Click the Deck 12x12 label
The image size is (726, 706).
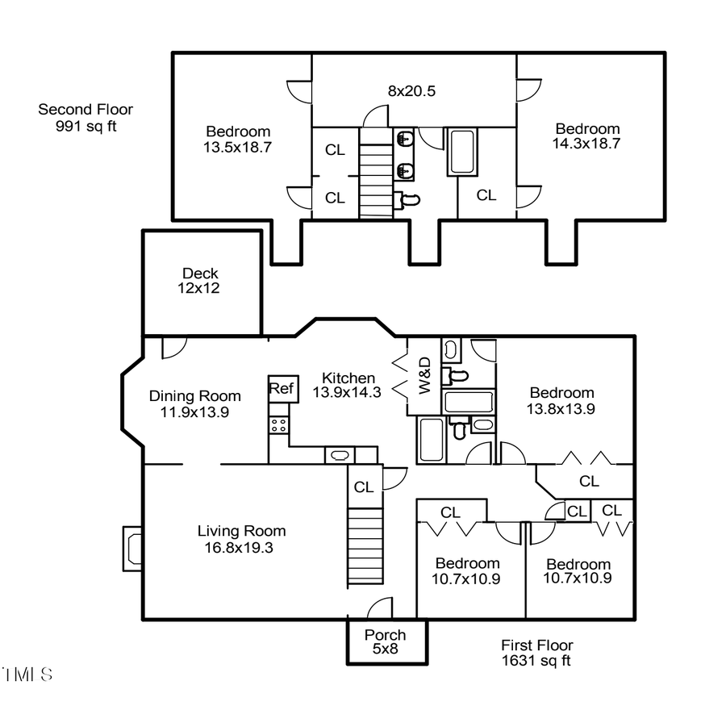200,281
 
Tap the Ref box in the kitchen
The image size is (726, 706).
282,388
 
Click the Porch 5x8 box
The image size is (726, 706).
386,641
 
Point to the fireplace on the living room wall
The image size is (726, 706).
131,549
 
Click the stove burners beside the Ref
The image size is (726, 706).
279,424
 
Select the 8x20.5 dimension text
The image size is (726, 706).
411,91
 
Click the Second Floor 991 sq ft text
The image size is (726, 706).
86,118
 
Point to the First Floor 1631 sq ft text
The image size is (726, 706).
536,653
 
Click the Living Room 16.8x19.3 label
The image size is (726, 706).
241,539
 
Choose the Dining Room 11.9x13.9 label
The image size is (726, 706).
194,403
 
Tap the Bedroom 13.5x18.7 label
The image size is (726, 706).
238,140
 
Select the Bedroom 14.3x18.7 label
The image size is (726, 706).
587,136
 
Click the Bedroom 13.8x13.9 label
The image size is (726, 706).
561,401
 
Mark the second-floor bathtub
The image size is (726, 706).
462,152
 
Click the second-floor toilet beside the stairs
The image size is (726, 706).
407,198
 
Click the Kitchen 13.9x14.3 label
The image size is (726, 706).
348,385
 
